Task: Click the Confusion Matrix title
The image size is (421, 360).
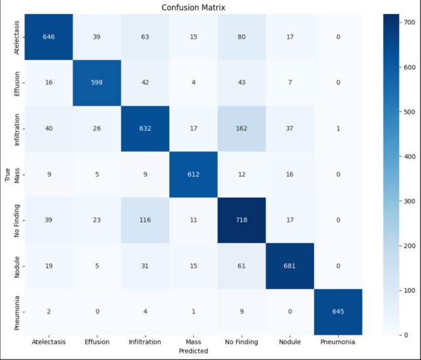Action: [194, 8]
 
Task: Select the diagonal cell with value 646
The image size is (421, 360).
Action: [48, 37]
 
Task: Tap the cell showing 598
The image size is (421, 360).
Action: [97, 83]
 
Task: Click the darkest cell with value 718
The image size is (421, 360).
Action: [241, 220]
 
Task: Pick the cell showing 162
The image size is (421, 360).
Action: [241, 129]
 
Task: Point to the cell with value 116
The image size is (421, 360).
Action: [145, 220]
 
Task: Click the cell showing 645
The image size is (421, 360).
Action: [338, 312]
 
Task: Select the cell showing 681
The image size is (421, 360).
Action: [290, 266]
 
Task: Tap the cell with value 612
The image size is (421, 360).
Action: [194, 175]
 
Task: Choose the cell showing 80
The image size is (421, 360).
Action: [241, 37]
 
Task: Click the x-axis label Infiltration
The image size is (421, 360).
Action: [145, 342]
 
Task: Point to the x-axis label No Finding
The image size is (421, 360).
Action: [241, 342]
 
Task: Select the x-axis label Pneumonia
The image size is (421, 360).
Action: [338, 342]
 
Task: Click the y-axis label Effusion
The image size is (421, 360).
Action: [16, 84]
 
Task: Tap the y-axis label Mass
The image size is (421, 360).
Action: [16, 175]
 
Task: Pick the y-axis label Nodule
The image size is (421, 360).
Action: [16, 267]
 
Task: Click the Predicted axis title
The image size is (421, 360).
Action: [194, 351]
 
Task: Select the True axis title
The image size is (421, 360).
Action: [8, 175]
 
